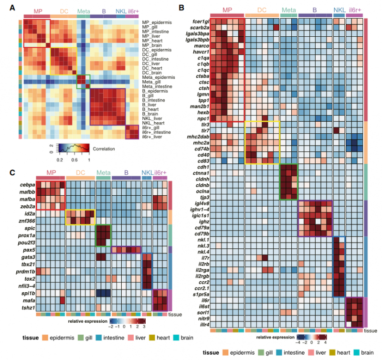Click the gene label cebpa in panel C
pyautogui.click(x=27, y=185)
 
